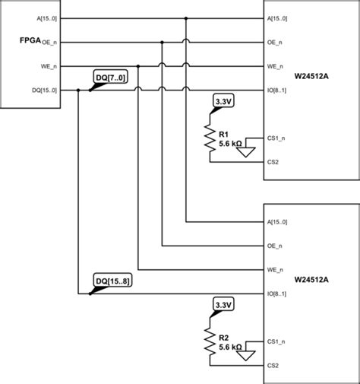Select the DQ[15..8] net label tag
pyautogui.click(x=112, y=281)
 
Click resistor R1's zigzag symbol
pyautogui.click(x=210, y=139)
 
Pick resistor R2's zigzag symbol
pyautogui.click(x=210, y=343)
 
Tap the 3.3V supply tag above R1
pyautogui.click(x=223, y=101)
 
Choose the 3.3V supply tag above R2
pyautogui.click(x=223, y=305)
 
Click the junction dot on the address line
pyautogui.click(x=186, y=17)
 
